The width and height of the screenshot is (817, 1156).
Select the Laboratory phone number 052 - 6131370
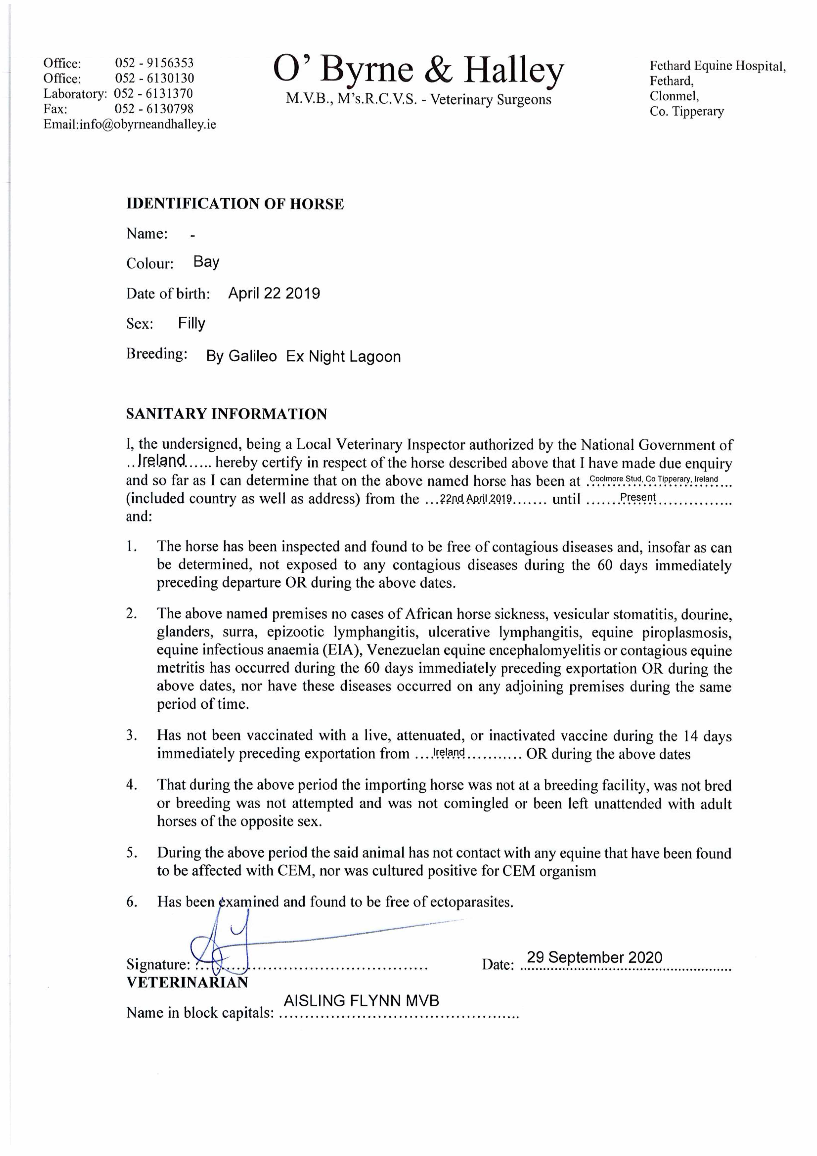click(x=154, y=94)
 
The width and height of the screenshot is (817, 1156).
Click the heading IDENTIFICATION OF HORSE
click(x=235, y=204)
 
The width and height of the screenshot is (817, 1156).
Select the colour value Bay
click(x=206, y=262)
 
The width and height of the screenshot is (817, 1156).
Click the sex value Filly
click(x=191, y=323)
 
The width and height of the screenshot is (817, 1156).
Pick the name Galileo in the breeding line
click(x=252, y=357)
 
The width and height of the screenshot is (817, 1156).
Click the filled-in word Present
click(x=638, y=498)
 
